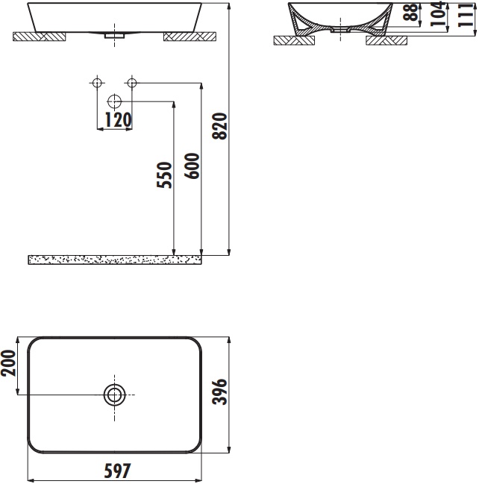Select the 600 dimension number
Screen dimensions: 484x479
tap(192, 165)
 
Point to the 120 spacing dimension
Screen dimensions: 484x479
tap(117, 119)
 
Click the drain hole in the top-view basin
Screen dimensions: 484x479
tap(114, 395)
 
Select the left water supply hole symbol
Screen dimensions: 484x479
tap(96, 83)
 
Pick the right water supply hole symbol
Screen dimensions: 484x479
tap(131, 83)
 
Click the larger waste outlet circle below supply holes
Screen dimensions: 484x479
tap(114, 101)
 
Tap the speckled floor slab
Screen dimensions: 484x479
tap(114, 259)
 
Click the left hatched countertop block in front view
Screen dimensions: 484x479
tap(39, 36)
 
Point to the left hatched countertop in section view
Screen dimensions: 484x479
tap(291, 41)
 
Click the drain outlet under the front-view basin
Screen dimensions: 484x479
tap(113, 35)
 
